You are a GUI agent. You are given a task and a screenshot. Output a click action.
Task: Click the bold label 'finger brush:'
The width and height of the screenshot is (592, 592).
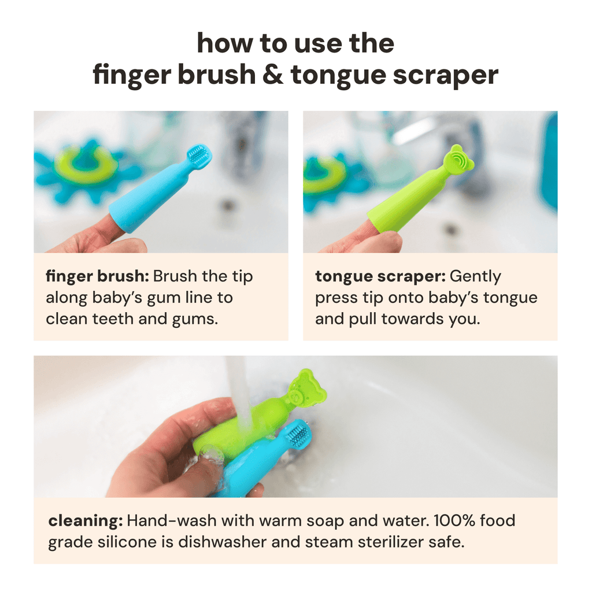98,277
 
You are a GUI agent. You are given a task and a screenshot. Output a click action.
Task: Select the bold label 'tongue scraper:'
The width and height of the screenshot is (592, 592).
380,277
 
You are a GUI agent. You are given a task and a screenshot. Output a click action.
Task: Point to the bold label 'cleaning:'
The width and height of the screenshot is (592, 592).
85,521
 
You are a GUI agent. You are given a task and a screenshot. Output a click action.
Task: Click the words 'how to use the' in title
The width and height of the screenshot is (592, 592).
295,44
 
